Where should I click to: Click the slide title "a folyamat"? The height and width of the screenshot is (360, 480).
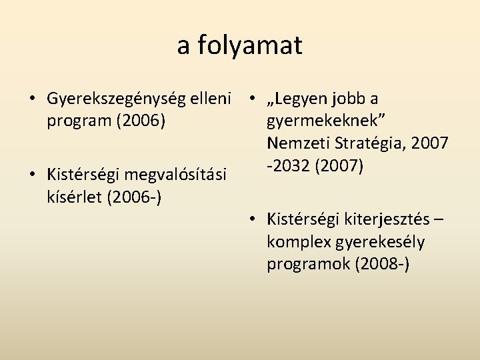pyautogui.click(x=239, y=45)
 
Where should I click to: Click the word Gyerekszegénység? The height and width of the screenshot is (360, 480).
pyautogui.click(x=111, y=99)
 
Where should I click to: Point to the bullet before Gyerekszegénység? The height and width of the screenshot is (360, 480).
pyautogui.click(x=33, y=99)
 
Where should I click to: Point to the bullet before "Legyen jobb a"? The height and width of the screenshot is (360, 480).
pyautogui.click(x=253, y=99)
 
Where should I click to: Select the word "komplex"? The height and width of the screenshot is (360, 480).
pyautogui.click(x=297, y=241)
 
